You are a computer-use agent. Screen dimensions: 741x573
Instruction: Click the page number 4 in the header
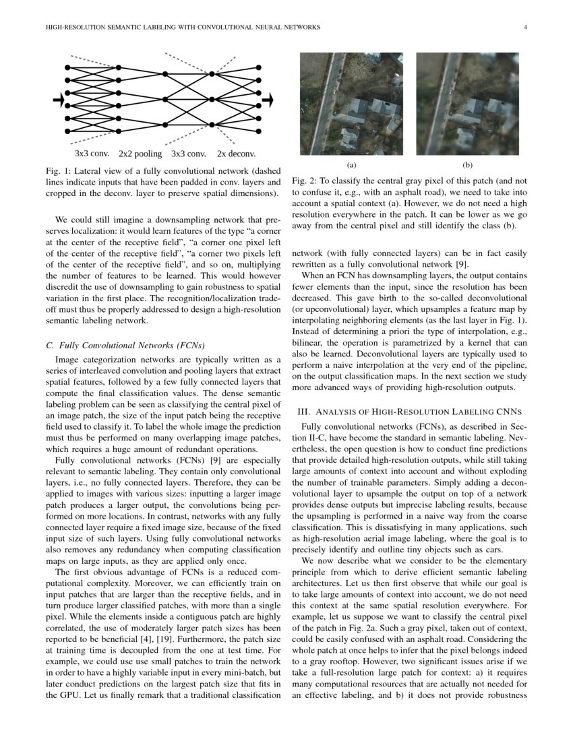pyautogui.click(x=524, y=28)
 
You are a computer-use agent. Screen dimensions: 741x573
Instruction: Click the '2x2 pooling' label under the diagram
pyautogui.click(x=140, y=154)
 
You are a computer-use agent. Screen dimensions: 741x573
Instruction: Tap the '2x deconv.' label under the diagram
pyautogui.click(x=236, y=154)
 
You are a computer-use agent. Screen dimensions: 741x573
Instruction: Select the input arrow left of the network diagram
pyautogui.click(x=59, y=100)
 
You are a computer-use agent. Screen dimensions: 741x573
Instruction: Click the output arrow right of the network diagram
pyautogui.click(x=268, y=100)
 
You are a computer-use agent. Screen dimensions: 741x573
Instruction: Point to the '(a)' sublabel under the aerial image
pyautogui.click(x=351, y=164)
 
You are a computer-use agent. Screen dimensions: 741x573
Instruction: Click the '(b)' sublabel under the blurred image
pyautogui.click(x=468, y=164)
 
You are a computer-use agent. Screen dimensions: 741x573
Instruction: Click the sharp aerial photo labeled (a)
pyautogui.click(x=351, y=104)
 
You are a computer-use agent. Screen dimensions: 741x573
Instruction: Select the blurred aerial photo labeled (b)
pyautogui.click(x=468, y=104)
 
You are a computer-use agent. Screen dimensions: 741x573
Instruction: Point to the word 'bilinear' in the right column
pyautogui.click(x=307, y=342)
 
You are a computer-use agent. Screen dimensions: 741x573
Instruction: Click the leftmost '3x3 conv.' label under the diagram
pyautogui.click(x=92, y=154)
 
